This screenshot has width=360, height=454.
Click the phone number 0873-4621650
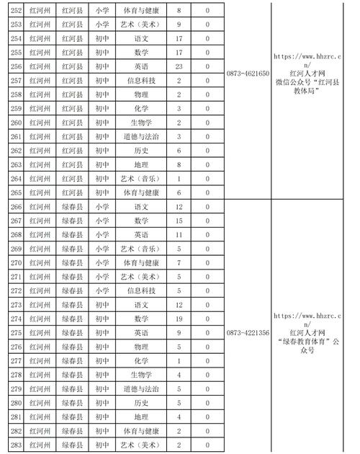click(x=248, y=74)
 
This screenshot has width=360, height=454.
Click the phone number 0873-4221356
click(x=248, y=333)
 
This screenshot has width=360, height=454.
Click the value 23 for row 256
click(x=179, y=66)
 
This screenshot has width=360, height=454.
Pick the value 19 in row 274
click(x=179, y=319)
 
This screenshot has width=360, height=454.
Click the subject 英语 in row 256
click(x=141, y=66)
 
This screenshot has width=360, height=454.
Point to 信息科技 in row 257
click(x=141, y=80)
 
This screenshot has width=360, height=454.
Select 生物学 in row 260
click(x=141, y=123)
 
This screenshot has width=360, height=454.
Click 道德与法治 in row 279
click(x=141, y=388)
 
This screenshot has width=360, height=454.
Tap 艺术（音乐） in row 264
click(x=141, y=179)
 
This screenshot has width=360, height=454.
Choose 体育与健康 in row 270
click(x=141, y=262)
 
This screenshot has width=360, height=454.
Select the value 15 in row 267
click(x=179, y=221)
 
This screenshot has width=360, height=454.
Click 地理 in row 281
click(x=141, y=417)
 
